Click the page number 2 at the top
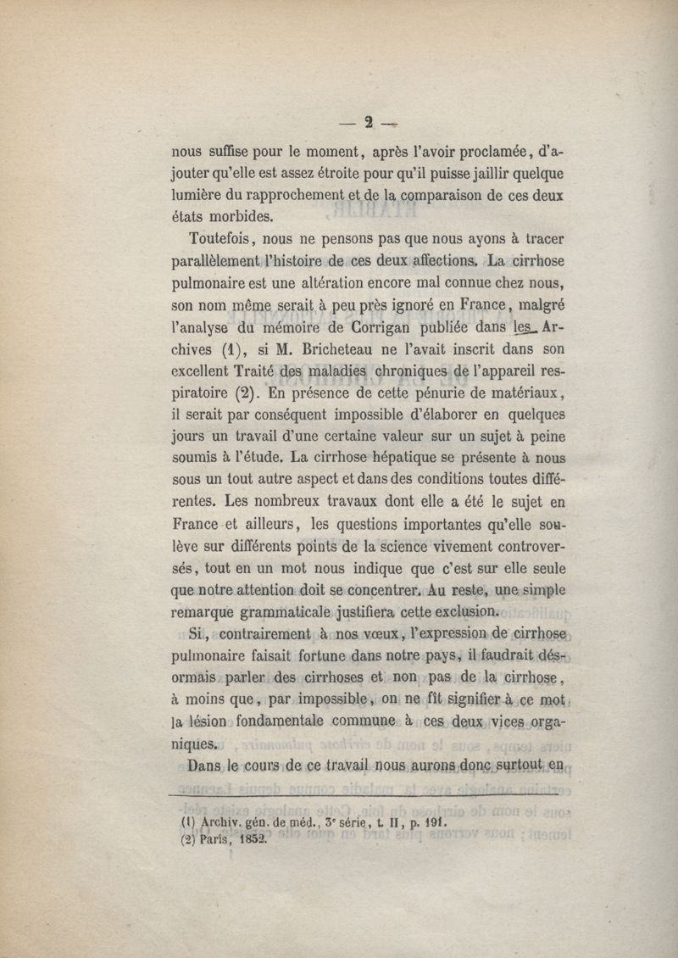point(369,122)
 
